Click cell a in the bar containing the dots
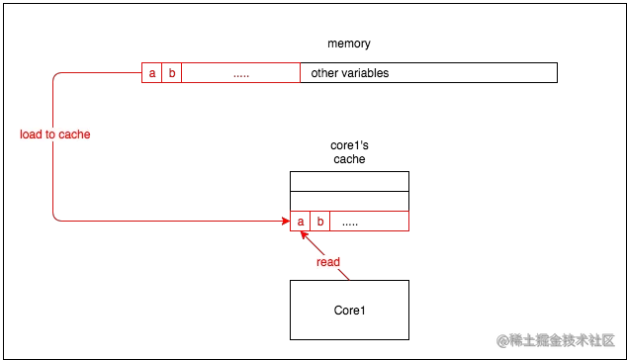point(151,72)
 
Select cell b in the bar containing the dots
point(172,72)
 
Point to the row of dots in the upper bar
point(240,74)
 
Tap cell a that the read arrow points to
point(300,222)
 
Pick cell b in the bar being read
point(320,222)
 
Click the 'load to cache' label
point(55,135)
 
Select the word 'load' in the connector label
point(31,135)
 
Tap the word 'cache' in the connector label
point(75,135)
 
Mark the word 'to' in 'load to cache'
point(49,135)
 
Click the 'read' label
point(328,262)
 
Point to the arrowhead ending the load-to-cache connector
point(284,221)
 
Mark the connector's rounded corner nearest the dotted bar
point(54,77)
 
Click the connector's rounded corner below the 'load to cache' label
point(54,215)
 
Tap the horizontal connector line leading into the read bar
point(168,220)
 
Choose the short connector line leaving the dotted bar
point(99,72)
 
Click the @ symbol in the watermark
point(501,340)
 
